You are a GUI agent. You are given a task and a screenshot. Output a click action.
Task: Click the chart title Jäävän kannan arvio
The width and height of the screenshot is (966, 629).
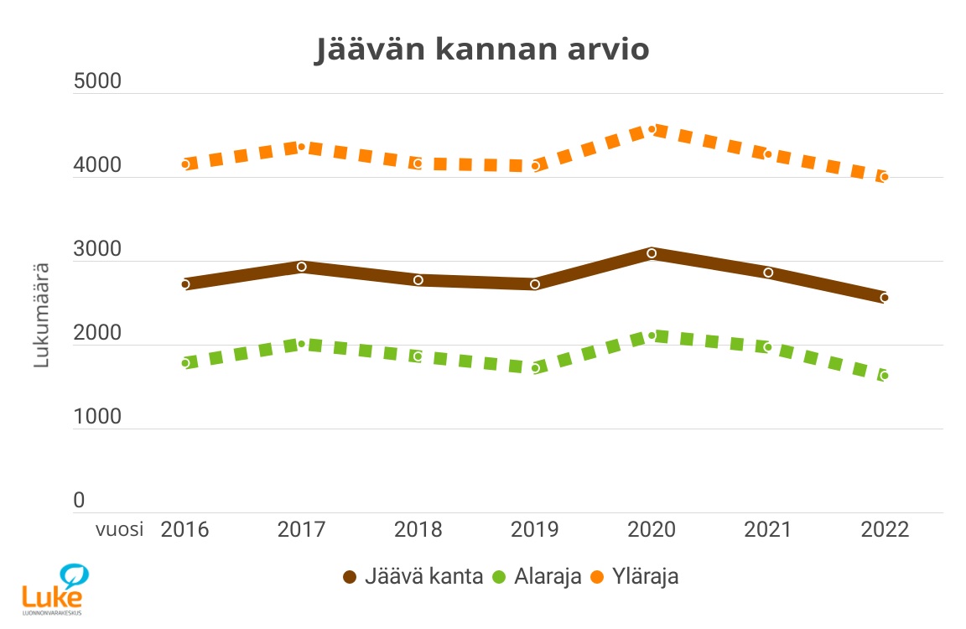tap(482, 49)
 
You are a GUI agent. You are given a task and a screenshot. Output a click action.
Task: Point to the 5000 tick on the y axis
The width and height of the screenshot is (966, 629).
tap(97, 82)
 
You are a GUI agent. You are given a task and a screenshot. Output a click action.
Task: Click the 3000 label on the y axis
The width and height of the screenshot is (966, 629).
tap(97, 250)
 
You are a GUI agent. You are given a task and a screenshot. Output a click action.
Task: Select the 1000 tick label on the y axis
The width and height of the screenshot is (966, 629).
tap(97, 417)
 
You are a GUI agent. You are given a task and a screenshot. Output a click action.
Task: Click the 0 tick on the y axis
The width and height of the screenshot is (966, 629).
tap(80, 501)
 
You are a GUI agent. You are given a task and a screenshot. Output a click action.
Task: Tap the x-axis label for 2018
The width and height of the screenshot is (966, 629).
tap(418, 530)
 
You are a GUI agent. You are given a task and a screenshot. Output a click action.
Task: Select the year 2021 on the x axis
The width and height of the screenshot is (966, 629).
tap(768, 530)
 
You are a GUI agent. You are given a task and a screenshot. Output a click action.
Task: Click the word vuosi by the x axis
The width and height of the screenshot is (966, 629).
tap(119, 530)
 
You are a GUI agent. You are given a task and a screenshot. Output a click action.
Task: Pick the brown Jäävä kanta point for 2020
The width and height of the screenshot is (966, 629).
tap(652, 253)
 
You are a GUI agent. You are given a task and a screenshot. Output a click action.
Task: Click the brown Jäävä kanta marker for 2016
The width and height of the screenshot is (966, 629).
tap(185, 284)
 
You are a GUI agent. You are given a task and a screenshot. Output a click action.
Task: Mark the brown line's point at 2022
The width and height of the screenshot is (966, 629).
tap(885, 298)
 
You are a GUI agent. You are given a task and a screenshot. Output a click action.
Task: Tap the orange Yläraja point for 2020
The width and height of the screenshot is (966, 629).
tap(652, 129)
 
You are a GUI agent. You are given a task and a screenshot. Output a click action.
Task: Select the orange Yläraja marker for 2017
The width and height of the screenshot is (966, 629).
tap(302, 147)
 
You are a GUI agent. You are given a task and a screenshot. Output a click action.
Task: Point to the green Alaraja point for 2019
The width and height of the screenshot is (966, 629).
tap(535, 368)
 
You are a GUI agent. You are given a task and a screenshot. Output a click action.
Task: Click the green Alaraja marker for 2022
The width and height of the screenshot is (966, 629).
tap(885, 376)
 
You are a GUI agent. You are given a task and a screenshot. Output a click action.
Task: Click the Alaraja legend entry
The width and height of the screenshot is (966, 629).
tap(537, 577)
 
